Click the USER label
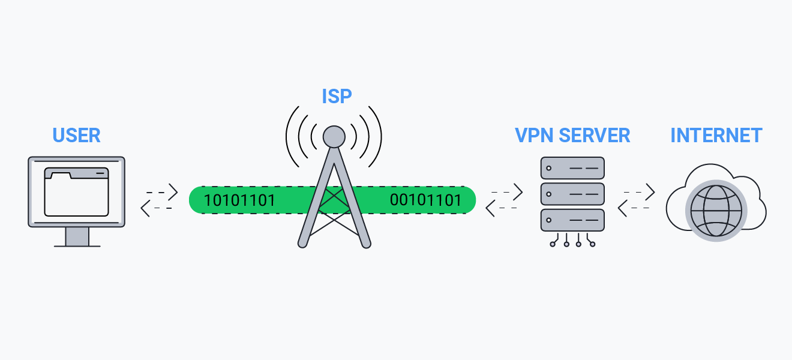76,135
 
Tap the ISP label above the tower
336,96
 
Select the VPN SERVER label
572,135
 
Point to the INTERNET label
716,135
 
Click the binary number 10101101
240,200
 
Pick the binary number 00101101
426,200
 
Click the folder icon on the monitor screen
76,192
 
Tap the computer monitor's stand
76,236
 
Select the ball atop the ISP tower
334,136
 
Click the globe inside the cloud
716,211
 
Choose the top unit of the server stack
572,168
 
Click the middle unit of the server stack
572,194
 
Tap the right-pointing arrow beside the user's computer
163,192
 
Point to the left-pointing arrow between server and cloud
632,208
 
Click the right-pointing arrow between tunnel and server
508,192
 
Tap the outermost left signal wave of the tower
290,137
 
